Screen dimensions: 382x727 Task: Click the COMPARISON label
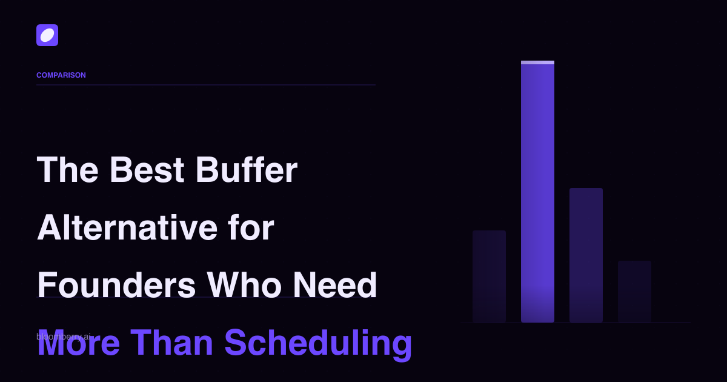61,75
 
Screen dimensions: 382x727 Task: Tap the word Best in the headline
147,170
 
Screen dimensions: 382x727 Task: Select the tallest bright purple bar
537,194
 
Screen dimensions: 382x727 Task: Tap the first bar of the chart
489,276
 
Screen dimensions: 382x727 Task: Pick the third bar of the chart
586,255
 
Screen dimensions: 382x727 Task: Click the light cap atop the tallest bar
537,62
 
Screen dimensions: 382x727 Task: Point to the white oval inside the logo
47,35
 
